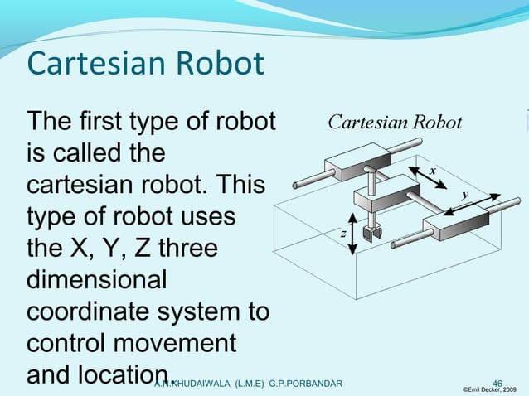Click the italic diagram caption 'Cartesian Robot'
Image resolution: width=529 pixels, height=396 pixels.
pos(396,123)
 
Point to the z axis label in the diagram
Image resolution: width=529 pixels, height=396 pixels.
pos(342,234)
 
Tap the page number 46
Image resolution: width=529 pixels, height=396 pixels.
pos(497,383)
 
